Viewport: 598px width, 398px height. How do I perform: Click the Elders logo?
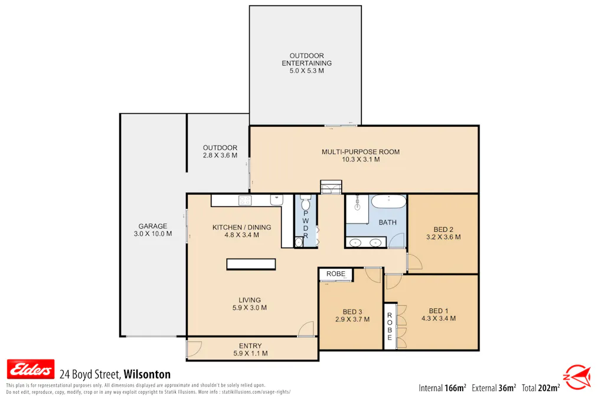tap(31, 369)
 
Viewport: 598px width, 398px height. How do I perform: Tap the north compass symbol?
tap(577, 377)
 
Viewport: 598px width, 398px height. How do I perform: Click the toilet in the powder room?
tap(305, 203)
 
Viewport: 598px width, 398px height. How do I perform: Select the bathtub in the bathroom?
tap(388, 202)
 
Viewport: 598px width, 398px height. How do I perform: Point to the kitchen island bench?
tap(251, 264)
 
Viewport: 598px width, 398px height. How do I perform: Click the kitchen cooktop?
tap(245, 200)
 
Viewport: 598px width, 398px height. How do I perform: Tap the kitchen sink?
tap(277, 200)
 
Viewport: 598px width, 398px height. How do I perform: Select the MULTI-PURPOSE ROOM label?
tap(361, 152)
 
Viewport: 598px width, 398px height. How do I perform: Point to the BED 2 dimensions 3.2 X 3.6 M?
tap(443, 237)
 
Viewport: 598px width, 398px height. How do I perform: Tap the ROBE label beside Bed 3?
tap(336, 274)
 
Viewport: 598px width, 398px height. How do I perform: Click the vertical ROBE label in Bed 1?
tap(390, 327)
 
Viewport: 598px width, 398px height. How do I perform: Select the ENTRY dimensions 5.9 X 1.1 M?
tap(250, 353)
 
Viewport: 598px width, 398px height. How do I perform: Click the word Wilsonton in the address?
tap(147, 374)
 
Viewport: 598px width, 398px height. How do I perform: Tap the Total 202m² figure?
tap(541, 388)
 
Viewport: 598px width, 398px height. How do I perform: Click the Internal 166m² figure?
tap(442, 388)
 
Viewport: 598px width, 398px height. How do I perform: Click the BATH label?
tap(387, 222)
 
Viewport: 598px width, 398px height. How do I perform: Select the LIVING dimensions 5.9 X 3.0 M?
tap(250, 308)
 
